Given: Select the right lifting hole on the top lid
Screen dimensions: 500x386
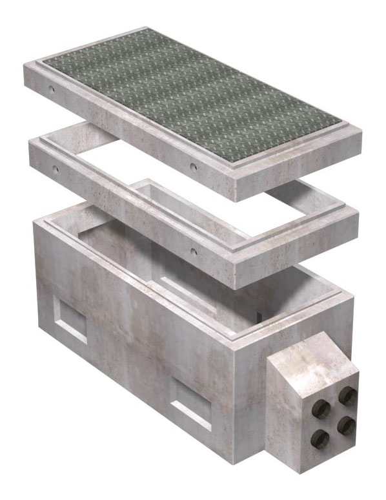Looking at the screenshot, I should click(x=193, y=167).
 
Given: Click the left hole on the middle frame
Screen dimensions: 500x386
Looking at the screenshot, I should click(x=56, y=169).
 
